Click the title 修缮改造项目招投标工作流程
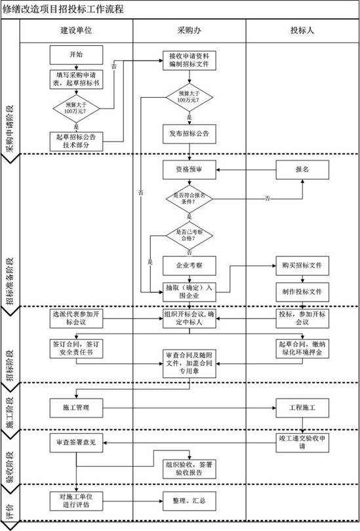(x=62, y=10)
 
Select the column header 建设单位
(x=76, y=31)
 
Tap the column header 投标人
(x=302, y=31)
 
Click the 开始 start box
(x=76, y=54)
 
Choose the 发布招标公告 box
(x=190, y=134)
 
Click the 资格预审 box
(x=190, y=169)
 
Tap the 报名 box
(x=302, y=169)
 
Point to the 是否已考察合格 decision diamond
(x=190, y=235)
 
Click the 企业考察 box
(x=190, y=265)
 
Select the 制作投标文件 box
(x=302, y=291)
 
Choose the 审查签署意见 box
(x=76, y=442)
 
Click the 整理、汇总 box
(x=190, y=501)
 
